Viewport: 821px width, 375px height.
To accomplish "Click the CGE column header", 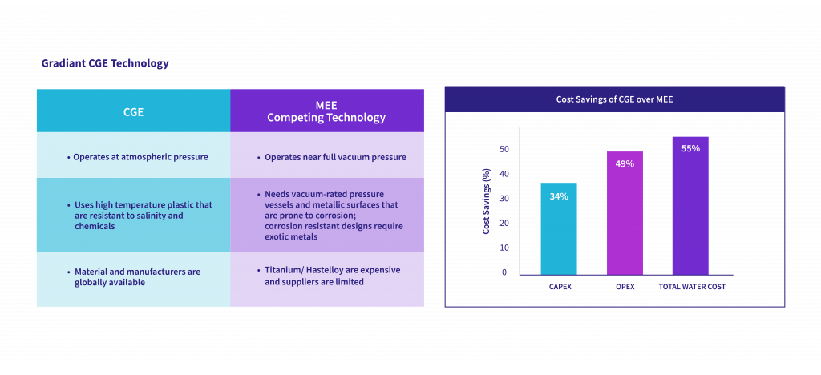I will pos(133,111).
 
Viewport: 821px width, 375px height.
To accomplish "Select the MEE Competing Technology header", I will pos(326,111).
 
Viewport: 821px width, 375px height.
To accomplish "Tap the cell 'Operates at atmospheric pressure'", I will pos(133,157).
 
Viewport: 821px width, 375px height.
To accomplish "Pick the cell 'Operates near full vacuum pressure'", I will pos(326,157).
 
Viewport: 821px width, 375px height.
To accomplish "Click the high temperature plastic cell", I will pos(133,215).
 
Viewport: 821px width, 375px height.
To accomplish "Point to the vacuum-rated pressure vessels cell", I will pos(326,215).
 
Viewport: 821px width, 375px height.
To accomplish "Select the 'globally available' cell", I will pos(133,276).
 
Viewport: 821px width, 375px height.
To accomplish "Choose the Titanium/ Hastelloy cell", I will pos(326,276).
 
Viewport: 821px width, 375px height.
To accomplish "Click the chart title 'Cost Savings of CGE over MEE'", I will pos(614,99).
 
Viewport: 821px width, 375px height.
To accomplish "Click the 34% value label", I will pos(559,196).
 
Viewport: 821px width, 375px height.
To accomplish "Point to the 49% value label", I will pos(625,163).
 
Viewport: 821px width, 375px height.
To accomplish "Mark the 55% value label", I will pos(690,148).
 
